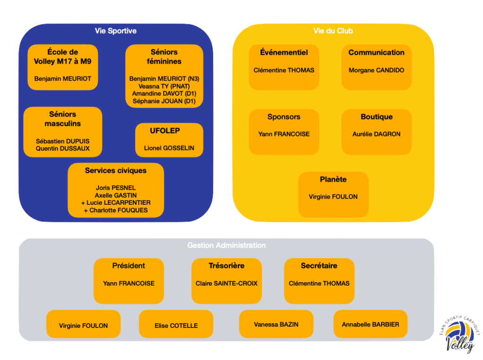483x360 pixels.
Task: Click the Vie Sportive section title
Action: click(x=116, y=31)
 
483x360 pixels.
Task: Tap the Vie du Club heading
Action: click(x=333, y=31)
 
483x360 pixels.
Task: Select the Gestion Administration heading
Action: click(x=226, y=245)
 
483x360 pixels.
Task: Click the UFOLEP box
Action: click(x=169, y=140)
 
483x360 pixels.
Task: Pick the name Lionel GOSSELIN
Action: click(x=169, y=148)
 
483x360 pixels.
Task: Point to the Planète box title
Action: click(x=333, y=179)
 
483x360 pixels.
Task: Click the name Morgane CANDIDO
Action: click(x=376, y=70)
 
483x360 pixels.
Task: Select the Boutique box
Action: click(x=376, y=132)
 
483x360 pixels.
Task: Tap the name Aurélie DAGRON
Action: click(x=376, y=134)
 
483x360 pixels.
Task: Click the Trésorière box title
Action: click(x=226, y=266)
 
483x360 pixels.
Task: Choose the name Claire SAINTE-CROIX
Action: click(x=226, y=283)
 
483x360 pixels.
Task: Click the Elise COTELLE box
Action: click(x=176, y=324)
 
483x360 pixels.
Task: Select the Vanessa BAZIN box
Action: click(x=276, y=324)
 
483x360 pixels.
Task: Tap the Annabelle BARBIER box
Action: click(x=370, y=324)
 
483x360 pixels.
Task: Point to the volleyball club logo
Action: click(x=459, y=335)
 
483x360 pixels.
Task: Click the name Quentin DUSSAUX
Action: click(x=63, y=149)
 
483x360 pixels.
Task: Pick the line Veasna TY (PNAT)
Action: click(x=164, y=86)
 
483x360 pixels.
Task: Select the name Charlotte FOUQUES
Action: click(x=116, y=210)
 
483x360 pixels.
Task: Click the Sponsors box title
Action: click(x=283, y=117)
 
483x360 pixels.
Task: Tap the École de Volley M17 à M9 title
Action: click(x=63, y=57)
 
